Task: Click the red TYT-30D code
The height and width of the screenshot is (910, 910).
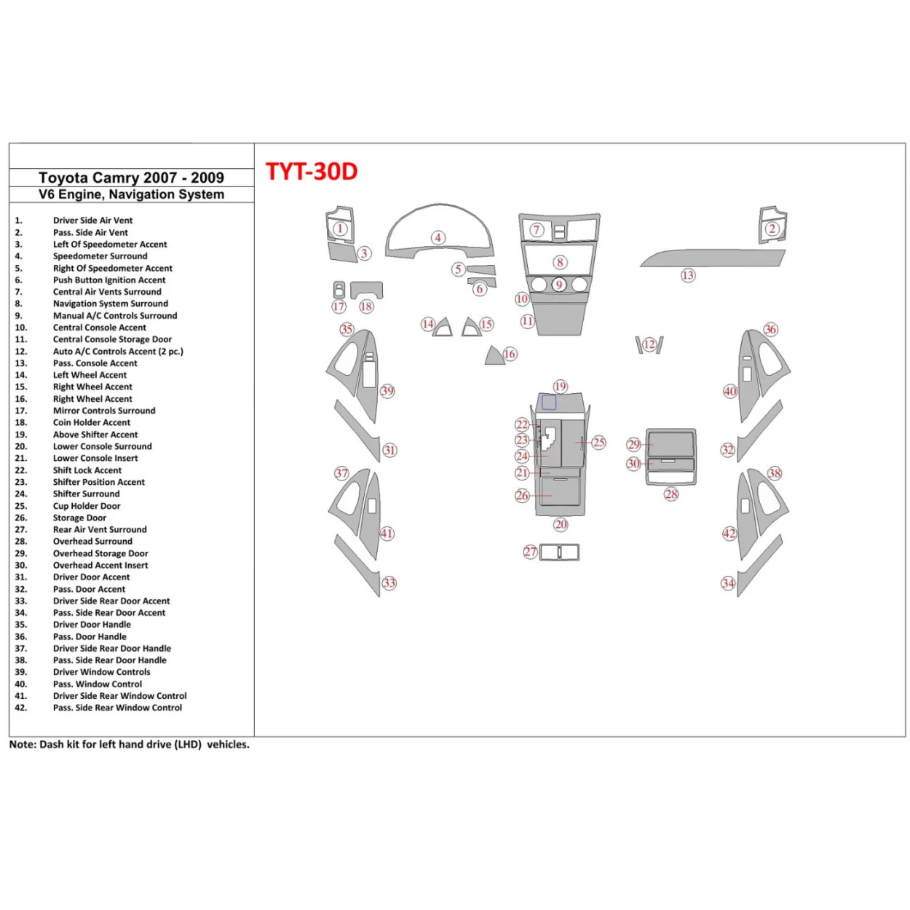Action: [312, 172]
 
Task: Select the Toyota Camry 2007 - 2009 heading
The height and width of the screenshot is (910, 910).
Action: [131, 178]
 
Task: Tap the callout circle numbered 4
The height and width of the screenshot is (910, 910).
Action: [438, 237]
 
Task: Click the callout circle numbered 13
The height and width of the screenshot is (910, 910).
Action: [688, 275]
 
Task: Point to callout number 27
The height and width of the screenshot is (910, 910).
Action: [530, 553]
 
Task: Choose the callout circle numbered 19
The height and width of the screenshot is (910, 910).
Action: [560, 387]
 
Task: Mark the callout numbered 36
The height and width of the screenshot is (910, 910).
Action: [770, 330]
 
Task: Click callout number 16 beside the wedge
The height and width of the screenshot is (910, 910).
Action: [510, 354]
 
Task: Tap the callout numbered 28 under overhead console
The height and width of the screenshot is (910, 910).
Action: [671, 494]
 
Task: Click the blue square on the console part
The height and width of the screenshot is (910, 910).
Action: [549, 403]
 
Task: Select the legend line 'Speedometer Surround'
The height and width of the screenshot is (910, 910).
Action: [100, 256]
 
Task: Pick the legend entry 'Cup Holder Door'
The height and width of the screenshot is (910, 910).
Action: [87, 506]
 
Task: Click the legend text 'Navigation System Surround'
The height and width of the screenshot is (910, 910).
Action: [110, 304]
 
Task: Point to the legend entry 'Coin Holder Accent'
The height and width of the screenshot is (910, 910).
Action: [92, 422]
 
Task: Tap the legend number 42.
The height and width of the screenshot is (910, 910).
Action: [20, 708]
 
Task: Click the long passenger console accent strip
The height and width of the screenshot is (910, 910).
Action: [713, 258]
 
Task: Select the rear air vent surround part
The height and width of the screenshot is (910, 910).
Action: [559, 553]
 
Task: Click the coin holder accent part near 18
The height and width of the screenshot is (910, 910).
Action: [366, 290]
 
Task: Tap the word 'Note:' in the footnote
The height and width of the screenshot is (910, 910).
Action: [23, 745]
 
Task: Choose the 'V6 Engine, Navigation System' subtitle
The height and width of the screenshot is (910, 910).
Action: [131, 194]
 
